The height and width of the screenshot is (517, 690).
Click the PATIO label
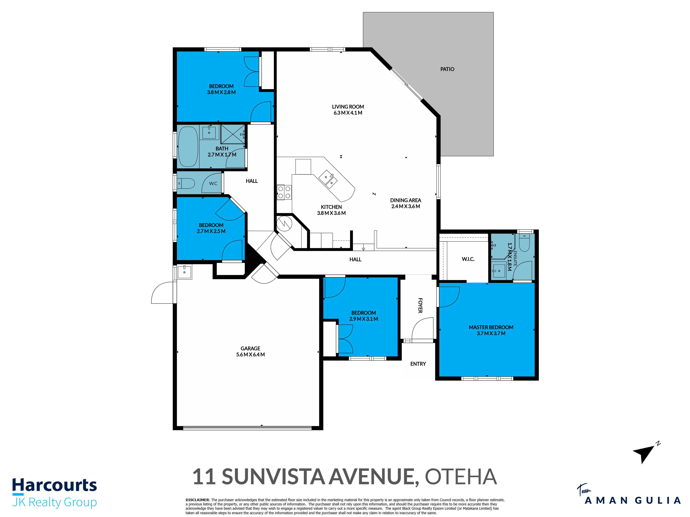pos(447,69)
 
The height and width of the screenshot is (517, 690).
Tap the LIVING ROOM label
pos(348,107)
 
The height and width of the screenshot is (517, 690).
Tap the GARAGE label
pos(250,348)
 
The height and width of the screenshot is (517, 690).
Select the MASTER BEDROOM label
pos(491,327)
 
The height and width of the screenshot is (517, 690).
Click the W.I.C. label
pos(468,259)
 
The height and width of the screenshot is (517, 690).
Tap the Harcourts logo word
pos(55,485)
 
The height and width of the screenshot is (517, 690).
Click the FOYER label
pos(420,305)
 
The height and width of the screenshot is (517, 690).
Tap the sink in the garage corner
pos(184,272)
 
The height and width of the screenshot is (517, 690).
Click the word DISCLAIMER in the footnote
pos(198,500)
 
